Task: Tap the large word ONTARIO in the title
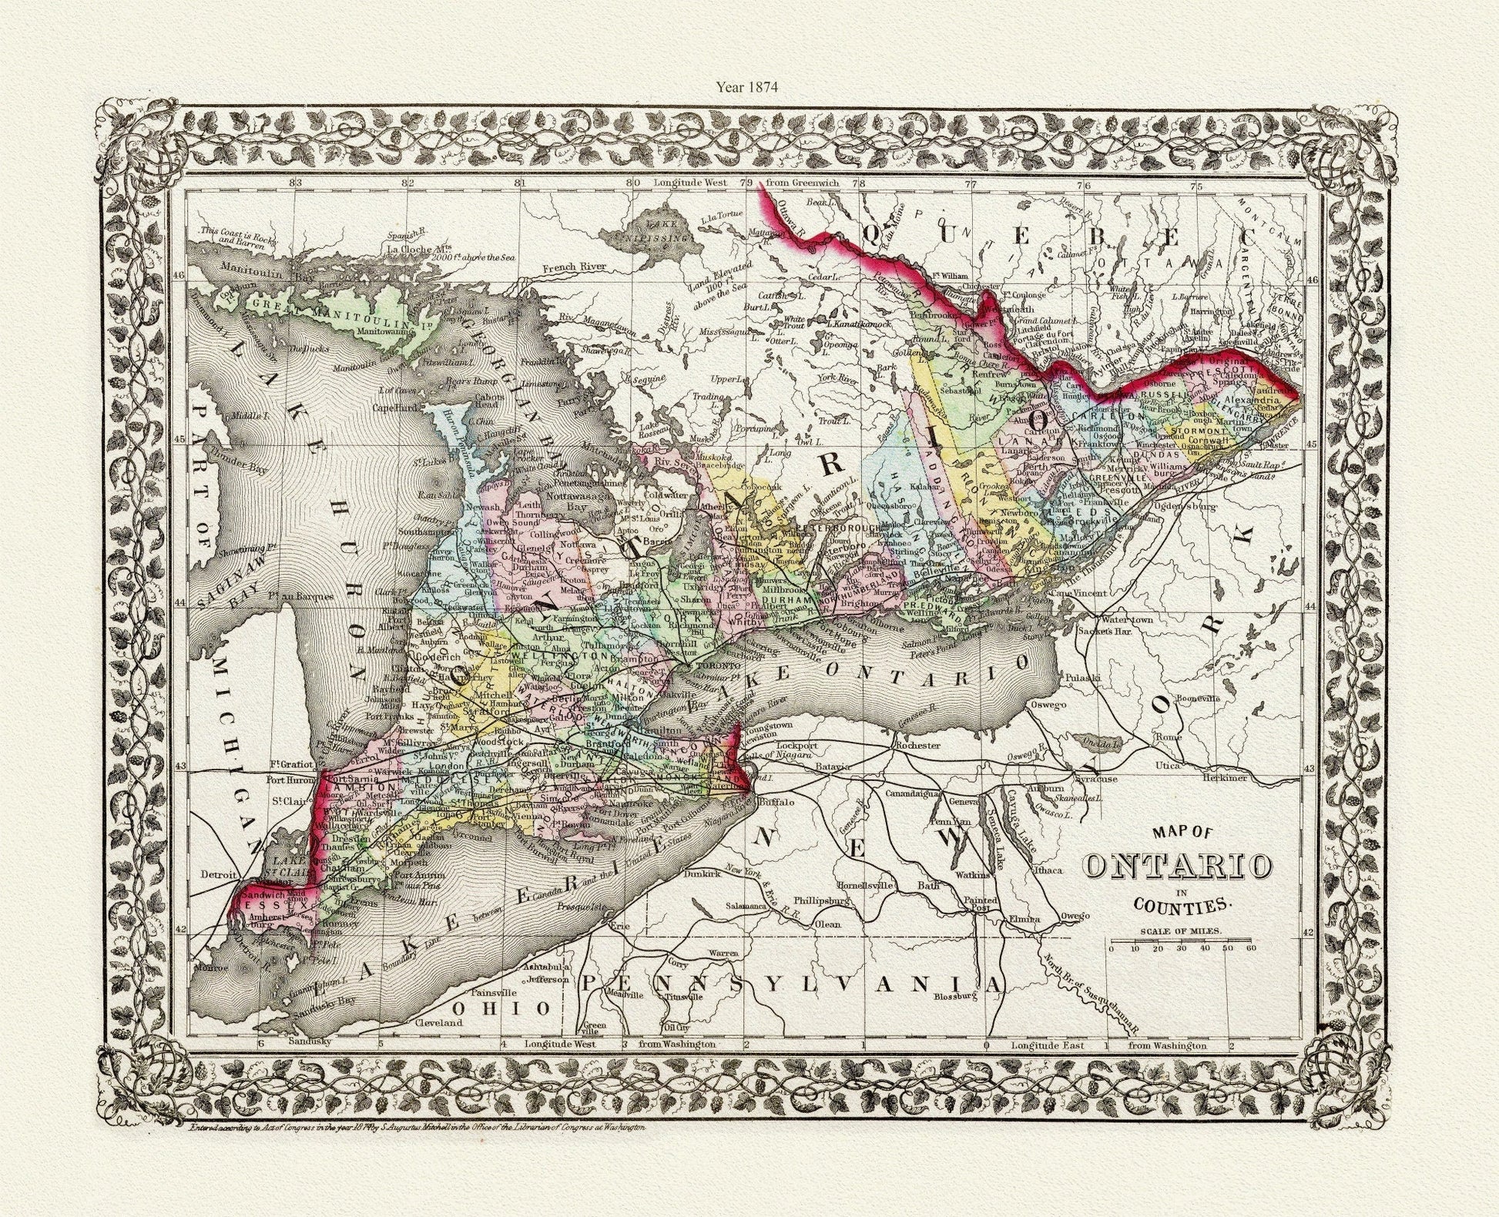[1178, 866]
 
